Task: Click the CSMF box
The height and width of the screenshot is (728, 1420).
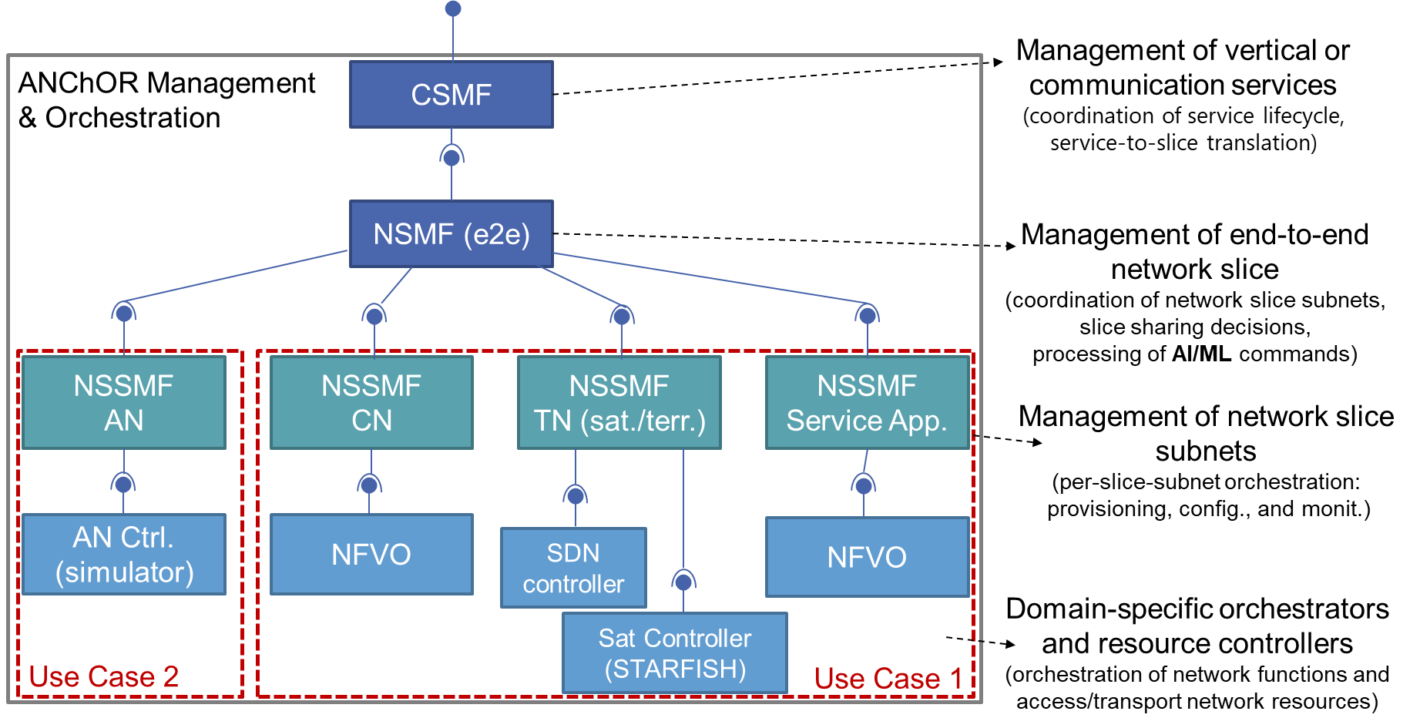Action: click(x=452, y=95)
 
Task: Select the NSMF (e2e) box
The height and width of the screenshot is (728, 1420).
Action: click(x=452, y=234)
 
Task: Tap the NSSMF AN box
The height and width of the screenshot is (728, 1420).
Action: click(x=124, y=402)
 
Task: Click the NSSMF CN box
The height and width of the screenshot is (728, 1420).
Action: click(x=371, y=402)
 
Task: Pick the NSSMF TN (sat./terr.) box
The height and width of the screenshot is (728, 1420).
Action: click(x=619, y=402)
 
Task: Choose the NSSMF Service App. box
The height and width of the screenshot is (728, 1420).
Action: click(x=867, y=402)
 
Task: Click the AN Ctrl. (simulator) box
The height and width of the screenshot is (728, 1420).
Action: click(x=124, y=555)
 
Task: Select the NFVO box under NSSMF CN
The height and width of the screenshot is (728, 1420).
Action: click(x=371, y=555)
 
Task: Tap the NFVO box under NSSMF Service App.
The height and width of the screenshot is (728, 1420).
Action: click(x=867, y=557)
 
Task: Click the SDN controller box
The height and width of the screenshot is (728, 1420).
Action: click(x=573, y=568)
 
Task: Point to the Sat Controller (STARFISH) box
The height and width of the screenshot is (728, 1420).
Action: click(x=675, y=653)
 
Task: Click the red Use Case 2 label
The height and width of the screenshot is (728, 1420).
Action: click(x=104, y=677)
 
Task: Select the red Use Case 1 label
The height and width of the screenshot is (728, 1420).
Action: click(x=888, y=679)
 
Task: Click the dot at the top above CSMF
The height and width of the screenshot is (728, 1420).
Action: click(x=453, y=8)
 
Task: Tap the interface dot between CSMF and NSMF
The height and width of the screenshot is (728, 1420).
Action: click(x=452, y=157)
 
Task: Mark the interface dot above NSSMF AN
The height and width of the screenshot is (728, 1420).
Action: click(x=123, y=314)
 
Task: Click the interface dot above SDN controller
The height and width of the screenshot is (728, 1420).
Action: click(x=576, y=495)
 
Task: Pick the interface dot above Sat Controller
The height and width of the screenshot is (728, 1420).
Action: click(x=683, y=582)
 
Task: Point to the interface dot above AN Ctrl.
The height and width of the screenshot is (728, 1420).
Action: click(x=123, y=484)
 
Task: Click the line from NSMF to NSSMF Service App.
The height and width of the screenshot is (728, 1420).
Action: click(x=709, y=278)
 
